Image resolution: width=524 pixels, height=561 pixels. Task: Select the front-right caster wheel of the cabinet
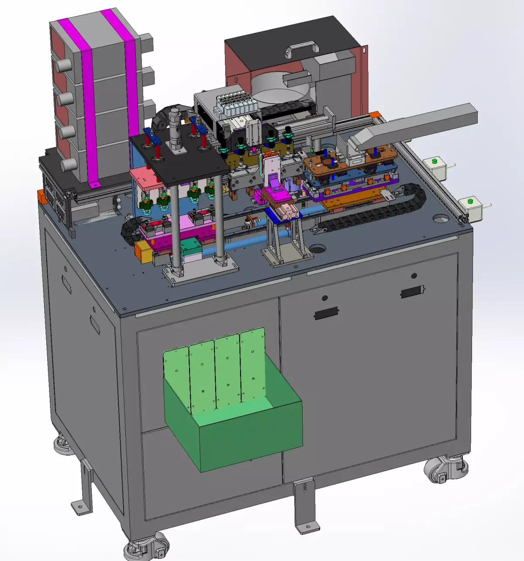pyautogui.click(x=445, y=469)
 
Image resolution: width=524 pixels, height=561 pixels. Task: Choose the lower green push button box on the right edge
pyautogui.click(x=471, y=207)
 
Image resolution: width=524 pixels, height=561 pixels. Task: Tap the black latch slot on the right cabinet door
pyautogui.click(x=412, y=292)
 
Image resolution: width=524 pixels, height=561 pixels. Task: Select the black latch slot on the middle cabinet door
pyautogui.click(x=326, y=313)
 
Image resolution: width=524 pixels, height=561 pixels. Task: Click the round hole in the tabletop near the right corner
pyautogui.click(x=441, y=218)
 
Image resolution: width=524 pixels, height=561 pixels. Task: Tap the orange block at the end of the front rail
pyautogui.click(x=142, y=252)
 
